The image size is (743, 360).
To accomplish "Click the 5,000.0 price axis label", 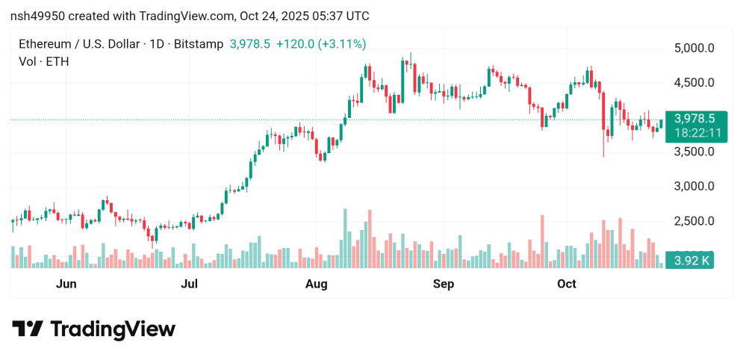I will (x=694, y=49).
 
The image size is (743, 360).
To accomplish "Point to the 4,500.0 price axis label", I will (x=694, y=83).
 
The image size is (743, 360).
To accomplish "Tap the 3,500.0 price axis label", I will (x=694, y=152).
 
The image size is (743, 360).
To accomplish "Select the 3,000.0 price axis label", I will (x=694, y=186).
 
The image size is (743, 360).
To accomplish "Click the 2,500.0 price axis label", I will (x=694, y=221).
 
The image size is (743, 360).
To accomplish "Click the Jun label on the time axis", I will (x=66, y=284).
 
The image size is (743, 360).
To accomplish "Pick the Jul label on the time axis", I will (x=190, y=284).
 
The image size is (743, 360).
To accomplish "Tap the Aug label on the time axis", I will (x=317, y=284).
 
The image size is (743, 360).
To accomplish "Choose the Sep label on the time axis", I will (x=444, y=284).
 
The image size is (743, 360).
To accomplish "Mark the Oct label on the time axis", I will (x=567, y=284).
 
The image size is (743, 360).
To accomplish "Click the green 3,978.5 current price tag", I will (x=694, y=119).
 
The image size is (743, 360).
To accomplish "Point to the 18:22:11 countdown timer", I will (x=694, y=132).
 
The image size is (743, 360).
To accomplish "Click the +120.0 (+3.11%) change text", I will (x=321, y=44).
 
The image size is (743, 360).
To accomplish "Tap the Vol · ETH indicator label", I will (x=43, y=61).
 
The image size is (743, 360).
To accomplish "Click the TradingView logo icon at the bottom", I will (x=27, y=329).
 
